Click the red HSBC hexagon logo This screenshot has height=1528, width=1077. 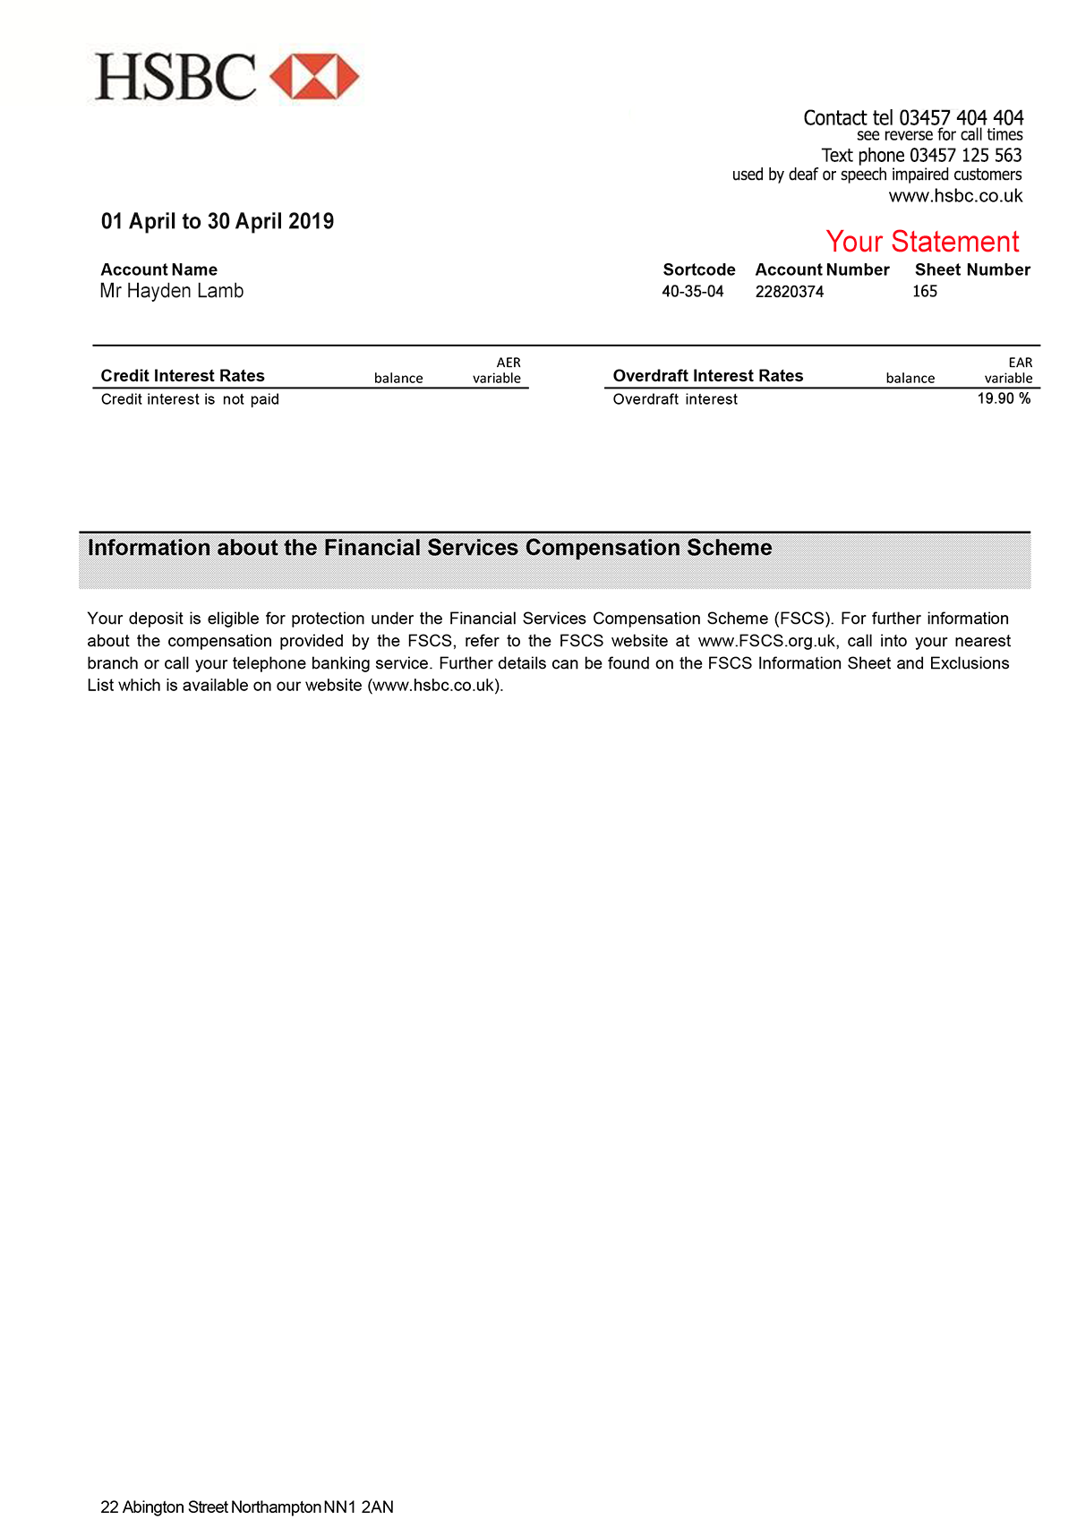[314, 77]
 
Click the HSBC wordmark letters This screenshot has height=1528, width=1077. [175, 77]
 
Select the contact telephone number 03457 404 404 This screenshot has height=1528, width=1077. [961, 118]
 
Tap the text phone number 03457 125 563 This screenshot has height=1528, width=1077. [965, 156]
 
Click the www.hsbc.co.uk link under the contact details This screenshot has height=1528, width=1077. [955, 196]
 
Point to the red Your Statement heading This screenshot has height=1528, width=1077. [922, 242]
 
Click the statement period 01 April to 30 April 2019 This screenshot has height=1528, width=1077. [218, 221]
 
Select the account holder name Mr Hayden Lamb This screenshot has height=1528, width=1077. [172, 291]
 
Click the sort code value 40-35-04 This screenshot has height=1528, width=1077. [693, 292]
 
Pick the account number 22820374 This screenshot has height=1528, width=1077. [790, 292]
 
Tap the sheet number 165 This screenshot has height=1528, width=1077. [925, 292]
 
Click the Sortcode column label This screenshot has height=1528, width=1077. [699, 270]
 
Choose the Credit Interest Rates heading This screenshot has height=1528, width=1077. [183, 376]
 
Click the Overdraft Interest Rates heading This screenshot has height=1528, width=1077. [708, 376]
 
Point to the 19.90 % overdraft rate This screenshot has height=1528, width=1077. [1004, 398]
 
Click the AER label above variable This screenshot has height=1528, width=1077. [509, 363]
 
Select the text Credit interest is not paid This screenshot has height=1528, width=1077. [190, 399]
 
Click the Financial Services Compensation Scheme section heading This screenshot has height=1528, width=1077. [430, 548]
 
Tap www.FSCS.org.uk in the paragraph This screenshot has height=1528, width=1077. [767, 641]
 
